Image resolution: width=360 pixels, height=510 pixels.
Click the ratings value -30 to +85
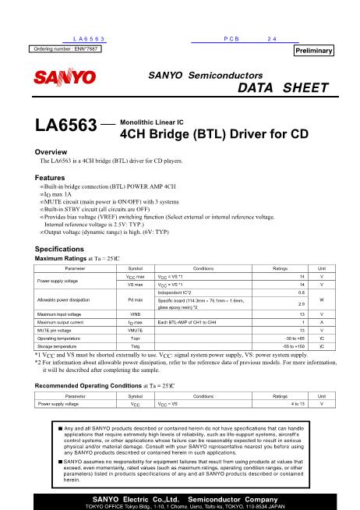click(x=291, y=338)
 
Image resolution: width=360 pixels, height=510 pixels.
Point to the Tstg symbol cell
click(x=135, y=345)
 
